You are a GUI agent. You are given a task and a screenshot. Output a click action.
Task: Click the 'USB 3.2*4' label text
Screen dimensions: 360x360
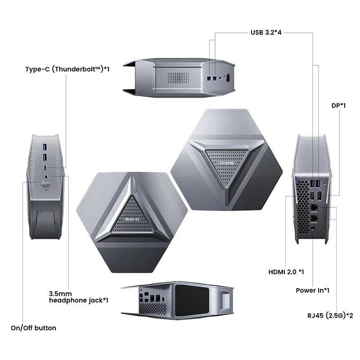coord(266,32)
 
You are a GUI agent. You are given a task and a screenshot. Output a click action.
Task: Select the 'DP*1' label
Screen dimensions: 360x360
coord(338,105)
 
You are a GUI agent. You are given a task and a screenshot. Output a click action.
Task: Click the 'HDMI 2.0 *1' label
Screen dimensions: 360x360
coord(286,272)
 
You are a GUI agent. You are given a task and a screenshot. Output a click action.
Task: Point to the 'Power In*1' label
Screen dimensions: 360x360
coord(312,290)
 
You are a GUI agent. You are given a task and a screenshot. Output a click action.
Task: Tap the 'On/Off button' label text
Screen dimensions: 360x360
coord(33,328)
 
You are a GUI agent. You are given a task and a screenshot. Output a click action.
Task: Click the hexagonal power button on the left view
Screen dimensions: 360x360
coord(45,183)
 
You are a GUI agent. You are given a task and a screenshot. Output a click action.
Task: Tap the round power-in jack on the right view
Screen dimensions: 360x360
coord(313,229)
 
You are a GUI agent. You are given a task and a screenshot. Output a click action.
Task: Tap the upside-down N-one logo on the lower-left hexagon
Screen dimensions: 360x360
coord(132,219)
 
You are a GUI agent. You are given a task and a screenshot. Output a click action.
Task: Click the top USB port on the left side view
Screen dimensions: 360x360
coord(45,148)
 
